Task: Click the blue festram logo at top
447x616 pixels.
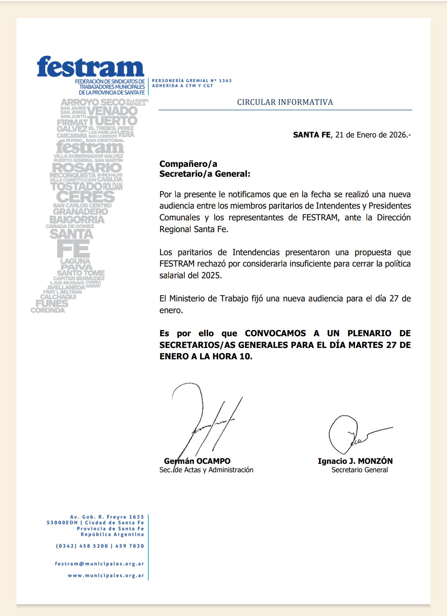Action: click(x=90, y=67)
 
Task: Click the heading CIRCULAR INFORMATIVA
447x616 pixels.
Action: click(x=285, y=102)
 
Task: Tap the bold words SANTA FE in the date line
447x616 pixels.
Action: click(x=311, y=135)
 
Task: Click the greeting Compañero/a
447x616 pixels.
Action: click(x=188, y=164)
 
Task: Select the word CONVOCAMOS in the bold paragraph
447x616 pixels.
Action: click(x=275, y=333)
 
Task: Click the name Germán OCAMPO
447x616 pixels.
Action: click(x=197, y=461)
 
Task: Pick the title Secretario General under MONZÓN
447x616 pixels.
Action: click(x=359, y=470)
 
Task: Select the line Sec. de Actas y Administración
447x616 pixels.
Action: click(x=206, y=470)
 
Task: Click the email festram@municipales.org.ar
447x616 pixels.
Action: click(x=99, y=564)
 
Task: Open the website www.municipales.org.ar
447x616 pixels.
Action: click(x=106, y=576)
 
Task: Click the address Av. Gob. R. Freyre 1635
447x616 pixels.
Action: click(x=107, y=517)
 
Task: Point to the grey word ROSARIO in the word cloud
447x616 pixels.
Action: click(x=87, y=168)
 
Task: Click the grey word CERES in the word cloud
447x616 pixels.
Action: click(x=86, y=197)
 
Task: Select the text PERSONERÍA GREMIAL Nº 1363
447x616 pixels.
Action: click(x=192, y=81)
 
